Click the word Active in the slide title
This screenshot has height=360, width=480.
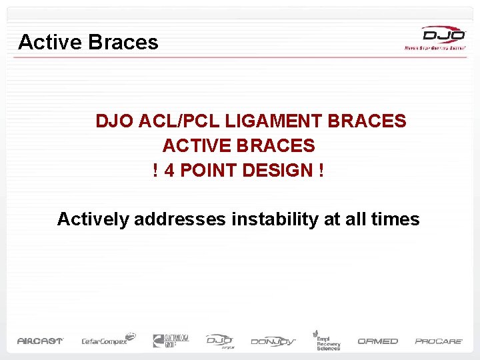[x=50, y=43]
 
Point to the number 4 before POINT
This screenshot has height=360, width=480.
[x=169, y=170]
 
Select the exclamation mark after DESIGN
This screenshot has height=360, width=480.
[x=321, y=170]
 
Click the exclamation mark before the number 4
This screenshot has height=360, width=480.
[x=156, y=170]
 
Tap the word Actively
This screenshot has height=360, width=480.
[x=93, y=219]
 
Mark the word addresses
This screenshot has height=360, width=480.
[x=180, y=219]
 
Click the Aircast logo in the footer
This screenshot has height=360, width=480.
[x=40, y=341]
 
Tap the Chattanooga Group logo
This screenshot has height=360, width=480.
[x=171, y=340]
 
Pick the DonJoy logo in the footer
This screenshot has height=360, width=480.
[x=274, y=341]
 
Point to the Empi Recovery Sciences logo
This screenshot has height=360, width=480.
[x=327, y=340]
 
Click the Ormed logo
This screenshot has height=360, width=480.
[x=377, y=341]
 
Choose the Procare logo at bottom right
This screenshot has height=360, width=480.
[x=439, y=341]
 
